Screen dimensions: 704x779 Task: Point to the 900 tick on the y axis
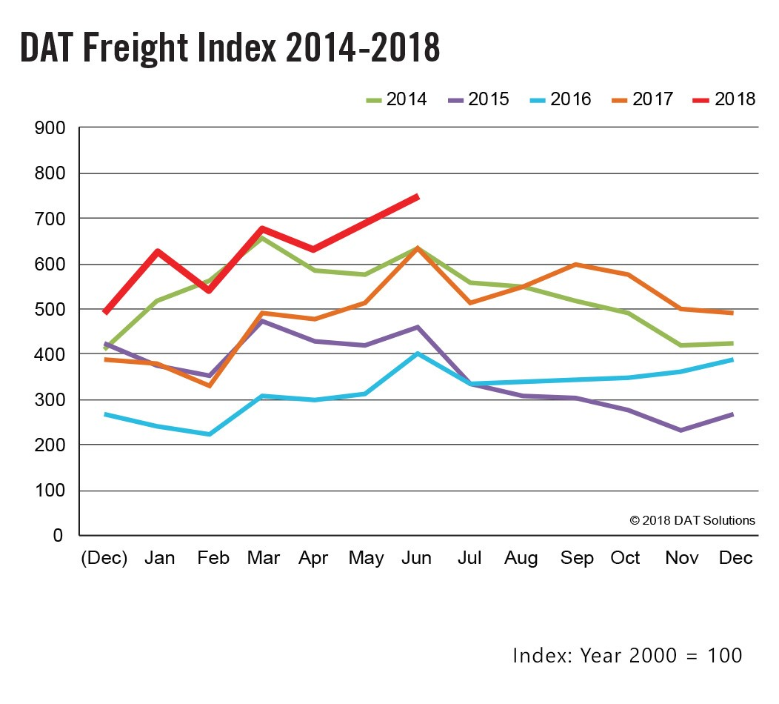click(x=50, y=128)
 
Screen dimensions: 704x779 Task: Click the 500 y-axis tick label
click(x=50, y=310)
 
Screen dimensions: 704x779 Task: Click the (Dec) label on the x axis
click(x=104, y=558)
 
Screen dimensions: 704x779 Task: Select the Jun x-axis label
click(x=416, y=558)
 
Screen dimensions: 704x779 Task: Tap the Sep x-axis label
click(x=576, y=558)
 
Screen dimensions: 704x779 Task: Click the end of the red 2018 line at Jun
click(x=418, y=196)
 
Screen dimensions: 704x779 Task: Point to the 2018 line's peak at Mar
click(x=262, y=229)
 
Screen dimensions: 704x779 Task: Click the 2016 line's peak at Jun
click(x=418, y=353)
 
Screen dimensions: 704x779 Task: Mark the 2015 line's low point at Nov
click(x=680, y=430)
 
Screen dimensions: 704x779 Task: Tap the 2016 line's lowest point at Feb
click(x=210, y=434)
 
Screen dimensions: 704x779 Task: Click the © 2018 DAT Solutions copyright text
click(x=692, y=520)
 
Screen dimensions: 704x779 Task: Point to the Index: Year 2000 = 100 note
click(x=626, y=655)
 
